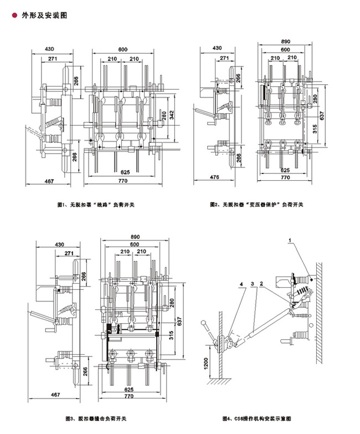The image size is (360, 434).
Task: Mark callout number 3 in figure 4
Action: pos(253,285)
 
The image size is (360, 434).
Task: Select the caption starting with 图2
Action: pos(256,205)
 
